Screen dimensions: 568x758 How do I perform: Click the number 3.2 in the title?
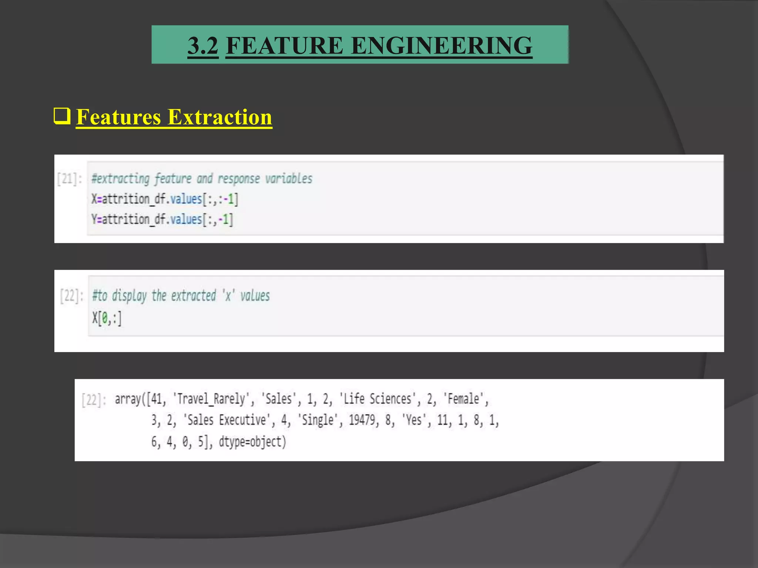click(203, 46)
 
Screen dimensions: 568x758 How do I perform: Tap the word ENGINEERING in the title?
click(441, 46)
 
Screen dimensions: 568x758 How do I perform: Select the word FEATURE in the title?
click(284, 46)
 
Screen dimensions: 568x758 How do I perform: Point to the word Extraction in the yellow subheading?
click(220, 117)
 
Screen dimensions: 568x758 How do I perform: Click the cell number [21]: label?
click(69, 179)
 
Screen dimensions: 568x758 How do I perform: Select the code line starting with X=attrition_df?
click(165, 199)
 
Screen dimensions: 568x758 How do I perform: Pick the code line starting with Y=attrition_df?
click(162, 220)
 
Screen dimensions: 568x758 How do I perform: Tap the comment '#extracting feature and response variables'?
click(202, 179)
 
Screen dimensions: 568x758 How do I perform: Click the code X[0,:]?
click(107, 318)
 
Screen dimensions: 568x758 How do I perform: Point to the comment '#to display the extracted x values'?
click(181, 296)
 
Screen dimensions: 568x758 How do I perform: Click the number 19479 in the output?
click(362, 420)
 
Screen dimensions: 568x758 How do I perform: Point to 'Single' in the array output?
click(318, 420)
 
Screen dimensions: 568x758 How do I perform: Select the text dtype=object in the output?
click(252, 442)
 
